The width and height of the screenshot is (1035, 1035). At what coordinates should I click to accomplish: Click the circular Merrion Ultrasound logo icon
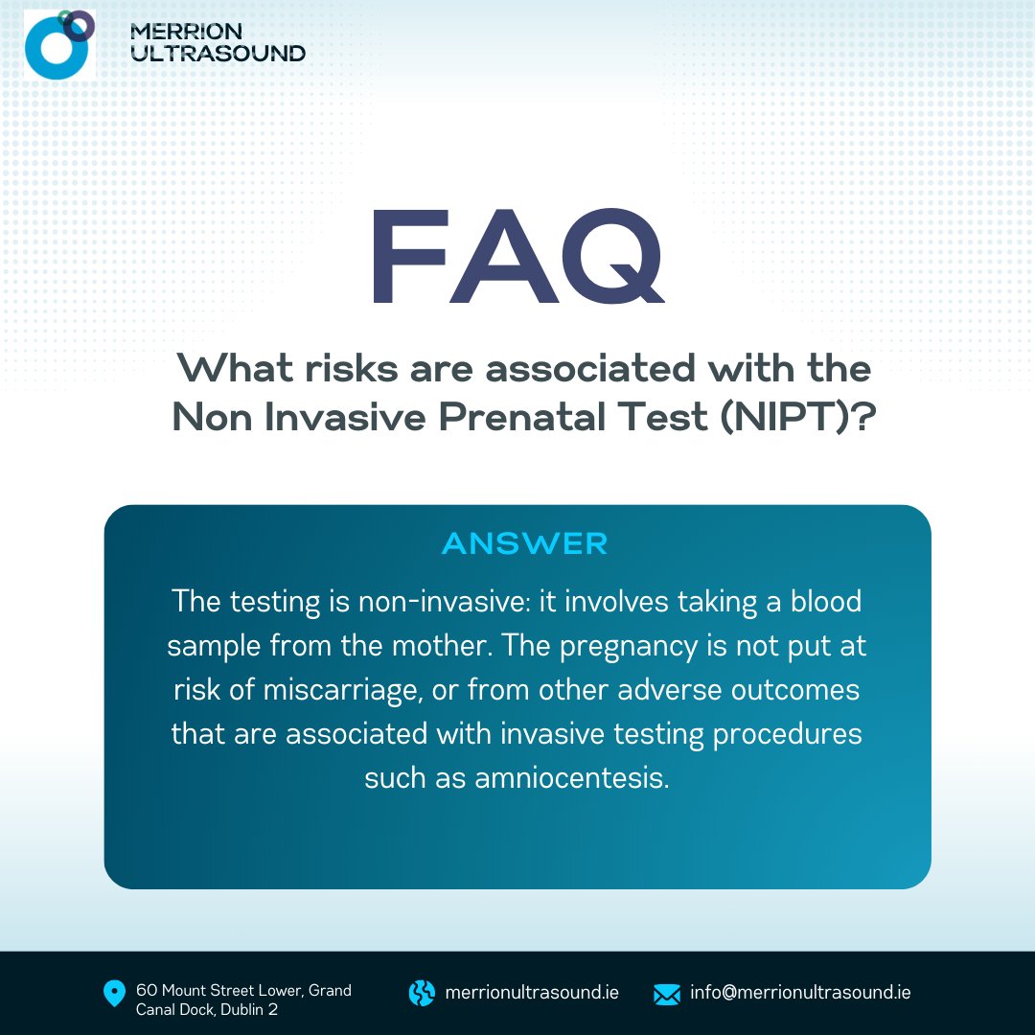tap(58, 43)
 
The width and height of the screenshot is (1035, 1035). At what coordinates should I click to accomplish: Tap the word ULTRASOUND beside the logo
tap(218, 54)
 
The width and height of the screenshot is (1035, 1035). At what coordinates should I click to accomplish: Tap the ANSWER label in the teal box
tap(524, 544)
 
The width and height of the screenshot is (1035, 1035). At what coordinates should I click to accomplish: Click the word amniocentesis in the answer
tap(571, 777)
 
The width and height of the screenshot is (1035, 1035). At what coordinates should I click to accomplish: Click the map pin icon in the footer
tap(114, 994)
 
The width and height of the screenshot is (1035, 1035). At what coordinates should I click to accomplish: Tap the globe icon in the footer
tap(422, 993)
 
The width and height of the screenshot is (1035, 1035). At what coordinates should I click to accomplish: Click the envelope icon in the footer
tap(666, 994)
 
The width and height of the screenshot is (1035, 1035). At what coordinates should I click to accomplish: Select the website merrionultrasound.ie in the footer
tap(532, 993)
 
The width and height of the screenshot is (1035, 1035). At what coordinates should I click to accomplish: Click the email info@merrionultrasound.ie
tap(800, 993)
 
